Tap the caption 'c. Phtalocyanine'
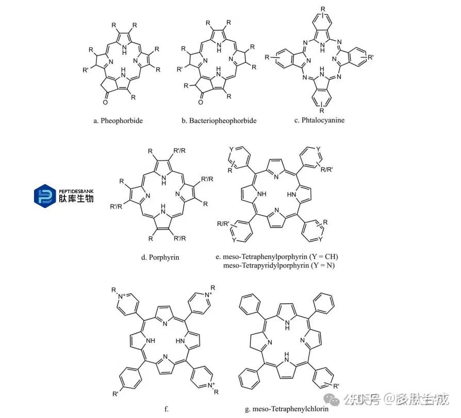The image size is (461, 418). point(319,120)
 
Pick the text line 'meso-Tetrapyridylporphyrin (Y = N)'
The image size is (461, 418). point(279,266)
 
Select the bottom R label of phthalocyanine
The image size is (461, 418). point(323,110)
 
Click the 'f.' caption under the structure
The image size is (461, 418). point(167,409)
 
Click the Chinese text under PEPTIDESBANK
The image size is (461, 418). point(76,199)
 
